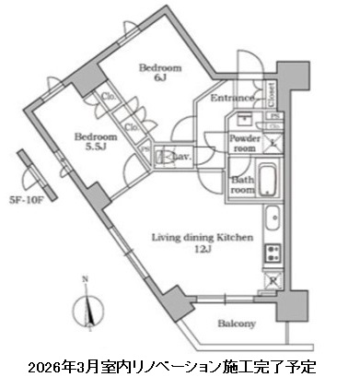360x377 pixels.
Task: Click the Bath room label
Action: click(243, 183)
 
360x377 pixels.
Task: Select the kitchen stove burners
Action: click(273, 252)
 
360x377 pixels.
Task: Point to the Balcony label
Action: click(237, 324)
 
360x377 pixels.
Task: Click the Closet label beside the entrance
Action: click(272, 93)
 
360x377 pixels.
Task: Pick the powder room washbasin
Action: click(243, 121)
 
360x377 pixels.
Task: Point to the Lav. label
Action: click(181, 158)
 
